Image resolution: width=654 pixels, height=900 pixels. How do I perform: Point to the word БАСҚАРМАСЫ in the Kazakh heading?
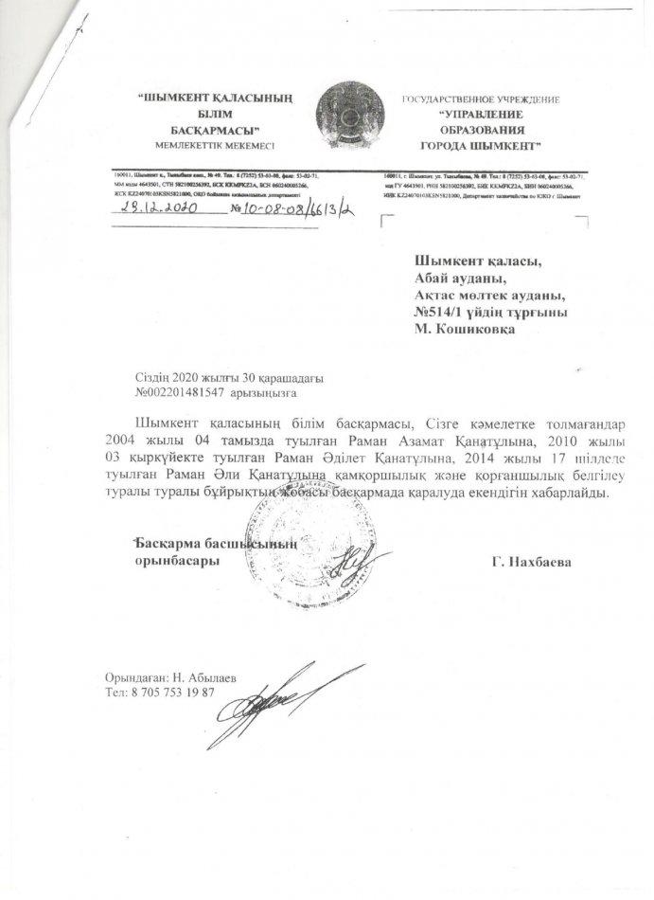pyautogui.click(x=215, y=129)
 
